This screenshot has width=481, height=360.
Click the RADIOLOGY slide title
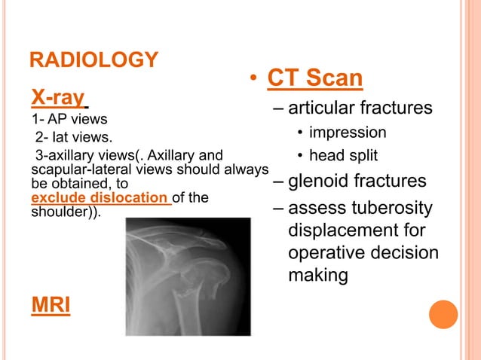pyautogui.click(x=93, y=59)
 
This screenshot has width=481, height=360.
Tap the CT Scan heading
pyautogui.click(x=315, y=78)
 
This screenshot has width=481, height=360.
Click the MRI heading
pyautogui.click(x=50, y=306)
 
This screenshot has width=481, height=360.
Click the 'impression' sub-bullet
pyautogui.click(x=348, y=133)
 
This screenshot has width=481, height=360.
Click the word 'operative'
pyautogui.click(x=325, y=252)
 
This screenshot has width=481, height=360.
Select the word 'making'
pyautogui.click(x=318, y=276)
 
